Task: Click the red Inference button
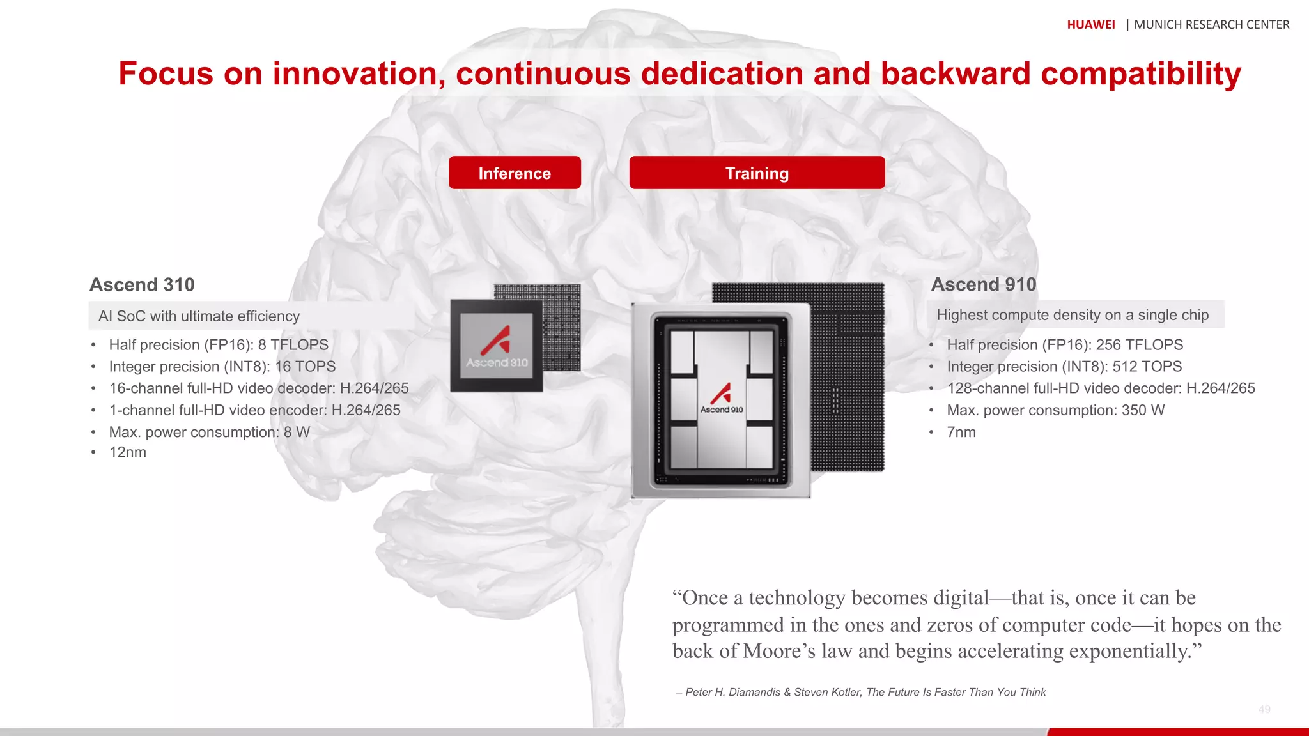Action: click(515, 173)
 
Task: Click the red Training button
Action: click(757, 173)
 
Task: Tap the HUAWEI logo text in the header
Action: click(1090, 25)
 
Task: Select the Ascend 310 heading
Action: click(142, 285)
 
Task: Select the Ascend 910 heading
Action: click(983, 284)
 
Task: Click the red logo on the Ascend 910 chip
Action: click(721, 393)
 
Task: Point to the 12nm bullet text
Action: click(128, 452)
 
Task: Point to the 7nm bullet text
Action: click(961, 433)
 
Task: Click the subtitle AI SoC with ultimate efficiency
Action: click(199, 316)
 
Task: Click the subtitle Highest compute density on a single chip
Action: click(1073, 315)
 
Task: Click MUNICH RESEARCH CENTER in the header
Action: click(1211, 25)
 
